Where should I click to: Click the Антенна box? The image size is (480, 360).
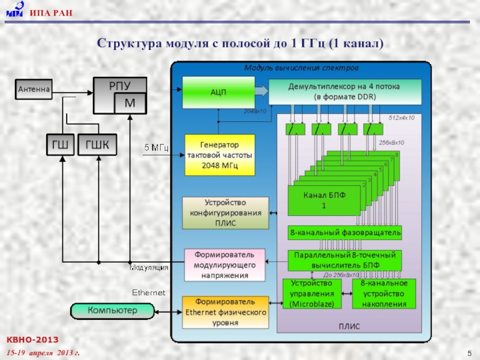33,90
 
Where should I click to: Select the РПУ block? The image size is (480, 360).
119,85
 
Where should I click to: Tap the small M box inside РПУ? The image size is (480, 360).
130,103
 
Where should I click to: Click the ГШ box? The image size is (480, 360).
61,144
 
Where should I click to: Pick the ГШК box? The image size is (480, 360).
97,144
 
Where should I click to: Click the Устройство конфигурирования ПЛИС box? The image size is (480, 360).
226,212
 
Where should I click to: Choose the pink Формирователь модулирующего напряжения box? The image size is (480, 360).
225,265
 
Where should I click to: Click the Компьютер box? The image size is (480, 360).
112,310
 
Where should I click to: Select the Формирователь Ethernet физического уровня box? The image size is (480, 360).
225,311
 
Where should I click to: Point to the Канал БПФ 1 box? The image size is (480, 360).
323,200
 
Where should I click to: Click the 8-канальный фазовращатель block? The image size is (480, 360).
345,232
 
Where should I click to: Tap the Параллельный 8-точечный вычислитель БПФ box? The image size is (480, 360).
345,260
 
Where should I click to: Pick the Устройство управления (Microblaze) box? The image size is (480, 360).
311,294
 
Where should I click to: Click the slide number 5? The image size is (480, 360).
467,351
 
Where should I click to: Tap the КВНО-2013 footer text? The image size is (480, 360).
35,340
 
